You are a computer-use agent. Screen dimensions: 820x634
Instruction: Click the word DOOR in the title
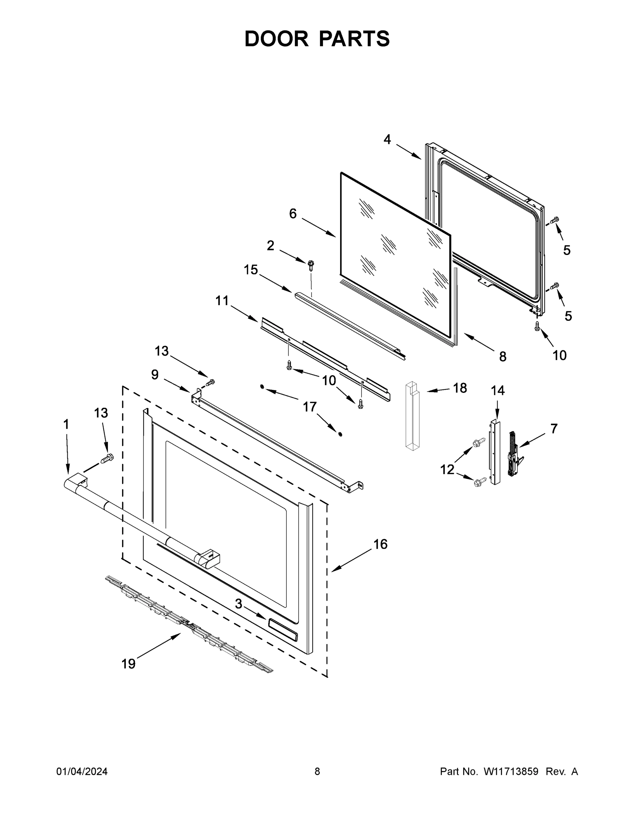point(276,39)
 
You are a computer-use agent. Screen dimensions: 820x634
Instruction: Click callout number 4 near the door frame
point(387,140)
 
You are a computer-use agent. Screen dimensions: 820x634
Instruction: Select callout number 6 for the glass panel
point(293,214)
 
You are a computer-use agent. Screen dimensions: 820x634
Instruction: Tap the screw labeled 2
point(311,264)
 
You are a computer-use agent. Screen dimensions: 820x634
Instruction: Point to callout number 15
point(251,269)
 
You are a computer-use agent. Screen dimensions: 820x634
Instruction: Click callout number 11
point(222,300)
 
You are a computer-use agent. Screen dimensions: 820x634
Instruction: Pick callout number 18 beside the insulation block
point(460,388)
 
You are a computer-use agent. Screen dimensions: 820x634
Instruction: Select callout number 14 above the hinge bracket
point(498,391)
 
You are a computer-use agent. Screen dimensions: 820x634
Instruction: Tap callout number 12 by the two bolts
point(447,469)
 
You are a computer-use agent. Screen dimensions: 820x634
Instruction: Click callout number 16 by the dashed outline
point(380,544)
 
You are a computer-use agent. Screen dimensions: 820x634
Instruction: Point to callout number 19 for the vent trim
point(129,664)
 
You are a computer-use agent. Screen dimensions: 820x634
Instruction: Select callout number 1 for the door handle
point(66,425)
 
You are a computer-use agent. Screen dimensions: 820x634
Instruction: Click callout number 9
point(155,374)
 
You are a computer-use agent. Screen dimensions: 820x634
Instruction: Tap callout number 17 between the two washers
point(310,407)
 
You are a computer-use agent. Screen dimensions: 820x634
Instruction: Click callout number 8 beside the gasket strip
point(502,356)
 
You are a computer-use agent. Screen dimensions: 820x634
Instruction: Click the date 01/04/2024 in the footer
point(82,771)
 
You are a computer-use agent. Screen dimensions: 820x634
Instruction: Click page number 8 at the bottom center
point(317,771)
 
